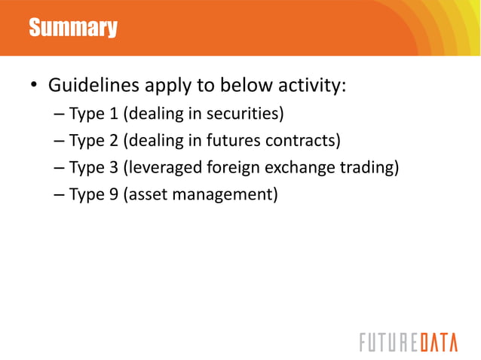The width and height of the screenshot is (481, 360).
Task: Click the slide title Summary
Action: tap(73, 29)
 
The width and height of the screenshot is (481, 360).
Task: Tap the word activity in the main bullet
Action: tap(310, 85)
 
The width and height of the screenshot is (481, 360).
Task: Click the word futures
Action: tap(229, 141)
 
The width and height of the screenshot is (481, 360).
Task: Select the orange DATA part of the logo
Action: tap(437, 342)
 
